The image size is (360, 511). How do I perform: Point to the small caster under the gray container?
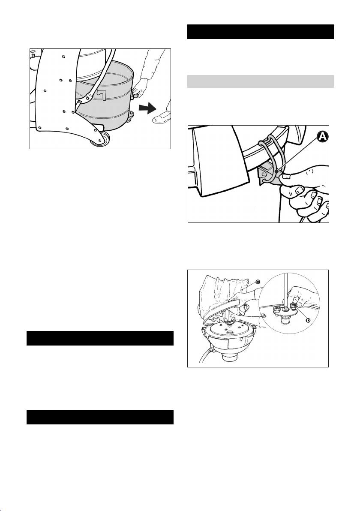(129, 117)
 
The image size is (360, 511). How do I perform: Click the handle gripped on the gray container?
(134, 96)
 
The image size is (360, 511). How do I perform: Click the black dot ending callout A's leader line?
(275, 171)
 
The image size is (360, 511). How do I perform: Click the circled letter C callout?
(258, 282)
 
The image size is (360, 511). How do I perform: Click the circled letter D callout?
(308, 320)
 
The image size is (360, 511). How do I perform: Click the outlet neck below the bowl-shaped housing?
(230, 358)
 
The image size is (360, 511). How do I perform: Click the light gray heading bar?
(260, 81)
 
